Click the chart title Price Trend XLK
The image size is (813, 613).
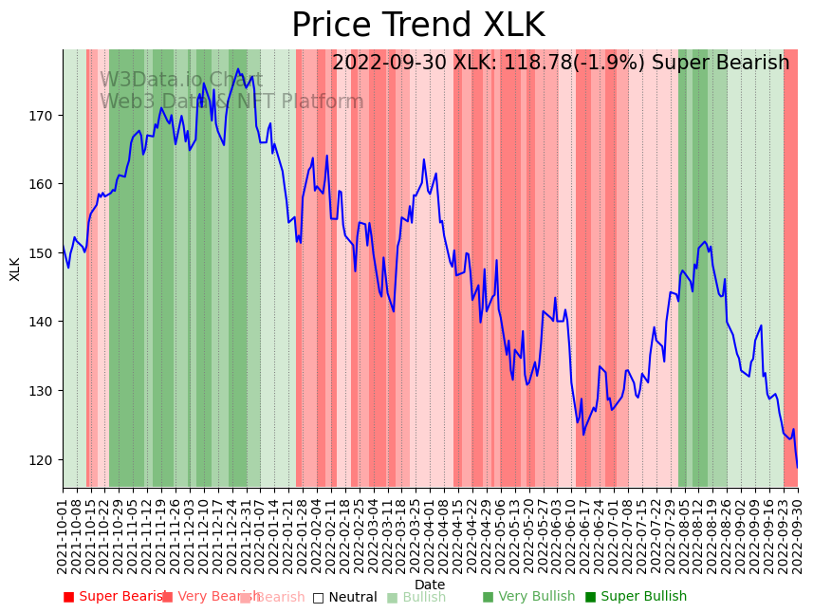coord(417,26)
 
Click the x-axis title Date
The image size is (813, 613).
coord(430,585)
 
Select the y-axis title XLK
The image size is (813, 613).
coord(15,269)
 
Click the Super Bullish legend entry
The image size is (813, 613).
coord(643,597)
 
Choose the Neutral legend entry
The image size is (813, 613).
coord(351,598)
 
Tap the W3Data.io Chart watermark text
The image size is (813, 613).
coord(181,80)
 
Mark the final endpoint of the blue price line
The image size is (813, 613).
coord(797,467)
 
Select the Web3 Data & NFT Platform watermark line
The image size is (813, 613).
coord(231,102)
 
